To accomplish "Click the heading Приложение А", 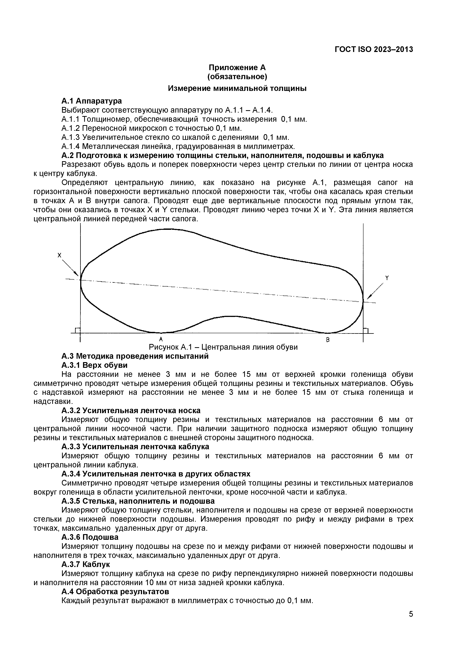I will [237, 68].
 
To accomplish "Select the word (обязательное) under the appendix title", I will [237, 77].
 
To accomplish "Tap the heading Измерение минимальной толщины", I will [237, 88].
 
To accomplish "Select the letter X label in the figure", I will [60, 255].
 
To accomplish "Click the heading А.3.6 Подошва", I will [90, 537].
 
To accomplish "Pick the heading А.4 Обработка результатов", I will [115, 591].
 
